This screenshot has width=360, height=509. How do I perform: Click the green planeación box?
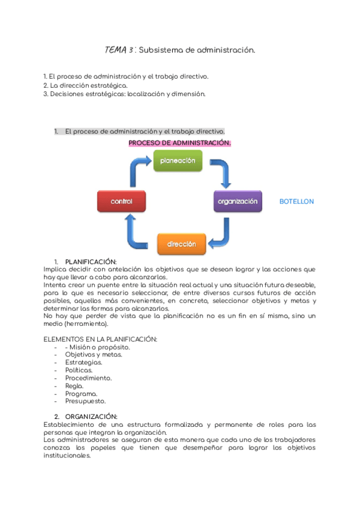coord(178,161)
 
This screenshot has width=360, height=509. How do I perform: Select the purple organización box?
coord(238,202)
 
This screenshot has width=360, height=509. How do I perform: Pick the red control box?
coord(121,202)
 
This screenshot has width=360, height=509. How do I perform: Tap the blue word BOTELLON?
coord(296,202)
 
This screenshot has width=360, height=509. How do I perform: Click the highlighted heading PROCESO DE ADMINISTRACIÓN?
coord(180,143)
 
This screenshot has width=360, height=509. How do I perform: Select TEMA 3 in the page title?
coord(119,50)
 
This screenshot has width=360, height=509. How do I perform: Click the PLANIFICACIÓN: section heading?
coord(91,262)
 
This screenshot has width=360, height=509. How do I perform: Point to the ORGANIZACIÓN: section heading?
coord(91,417)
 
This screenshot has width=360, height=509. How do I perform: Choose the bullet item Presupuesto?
coord(85,401)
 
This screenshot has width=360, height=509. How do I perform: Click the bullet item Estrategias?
coord(83,363)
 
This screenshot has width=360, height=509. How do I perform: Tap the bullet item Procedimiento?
coord(88,378)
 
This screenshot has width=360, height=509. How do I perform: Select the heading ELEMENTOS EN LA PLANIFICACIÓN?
coord(101,339)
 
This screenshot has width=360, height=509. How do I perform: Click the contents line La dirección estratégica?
coord(86,85)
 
